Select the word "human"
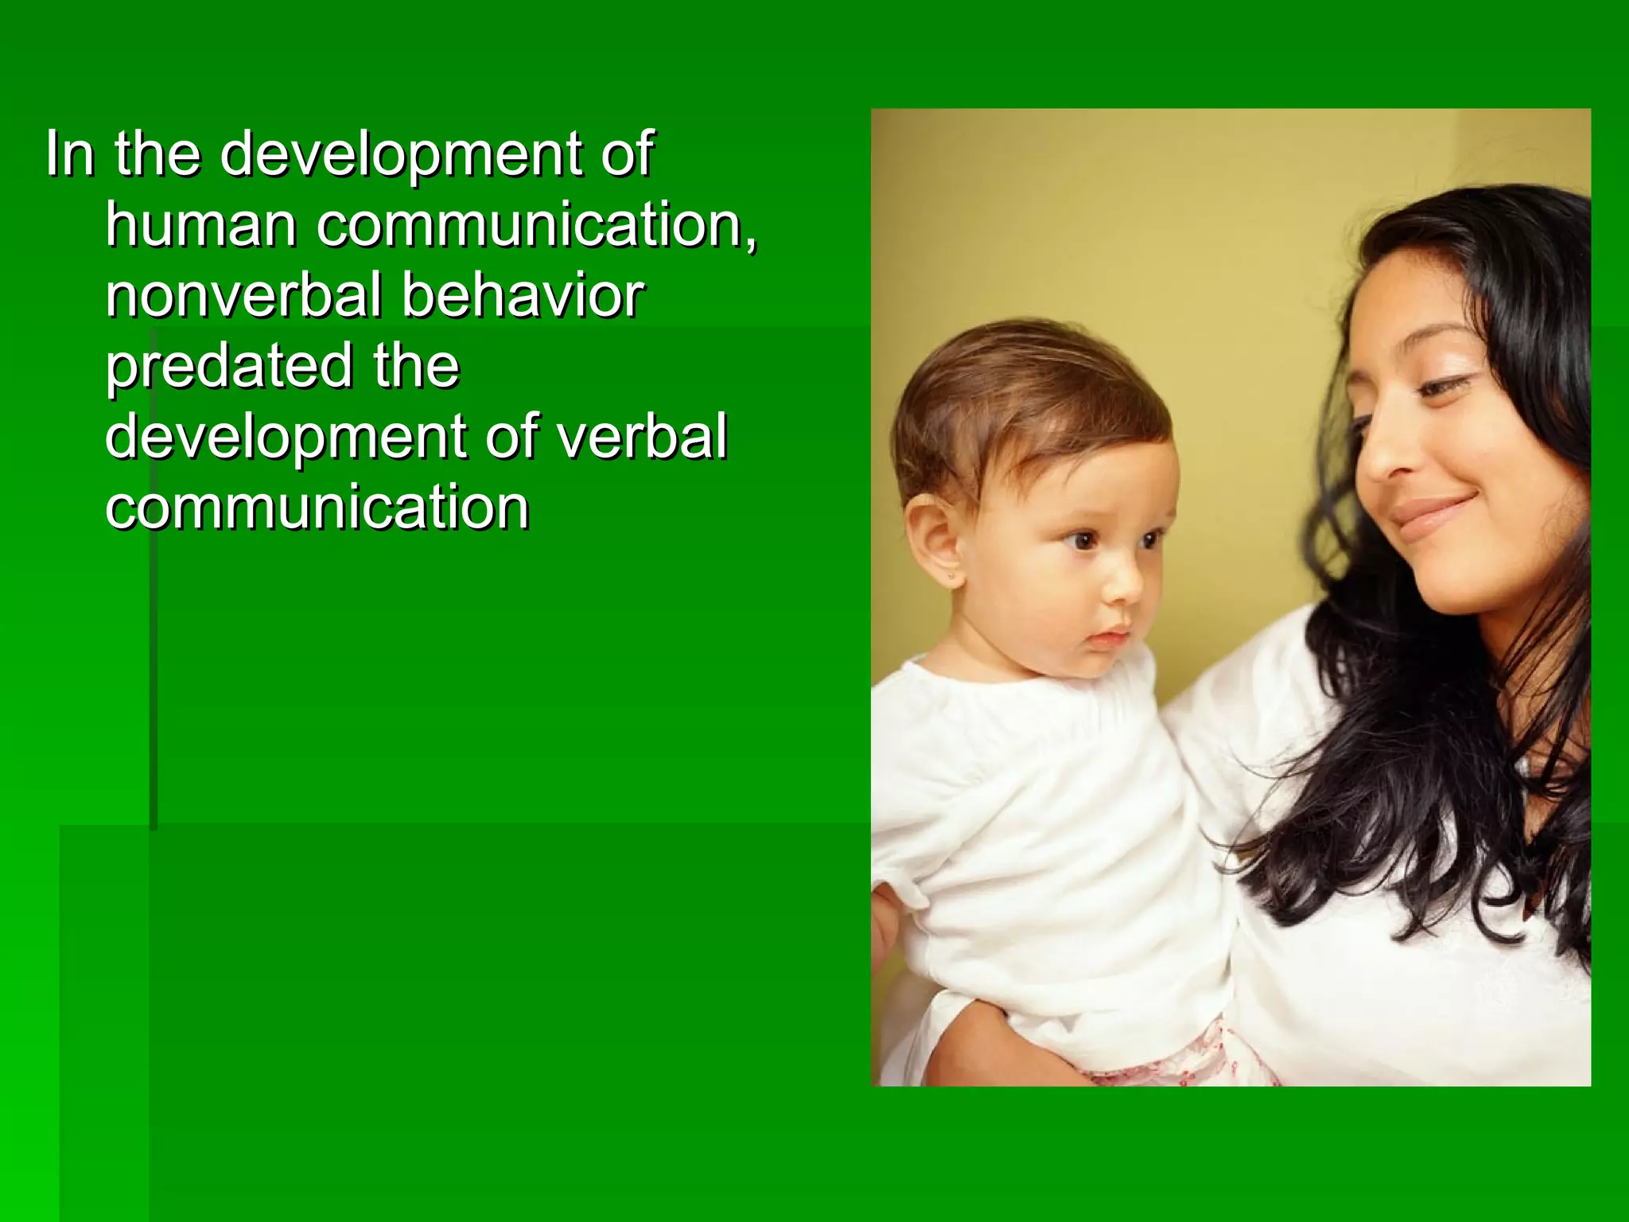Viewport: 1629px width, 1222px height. tap(201, 224)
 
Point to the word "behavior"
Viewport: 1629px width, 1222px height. tap(522, 295)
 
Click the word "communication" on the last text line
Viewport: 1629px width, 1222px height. tap(317, 508)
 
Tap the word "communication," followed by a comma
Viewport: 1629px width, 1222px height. tap(537, 224)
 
